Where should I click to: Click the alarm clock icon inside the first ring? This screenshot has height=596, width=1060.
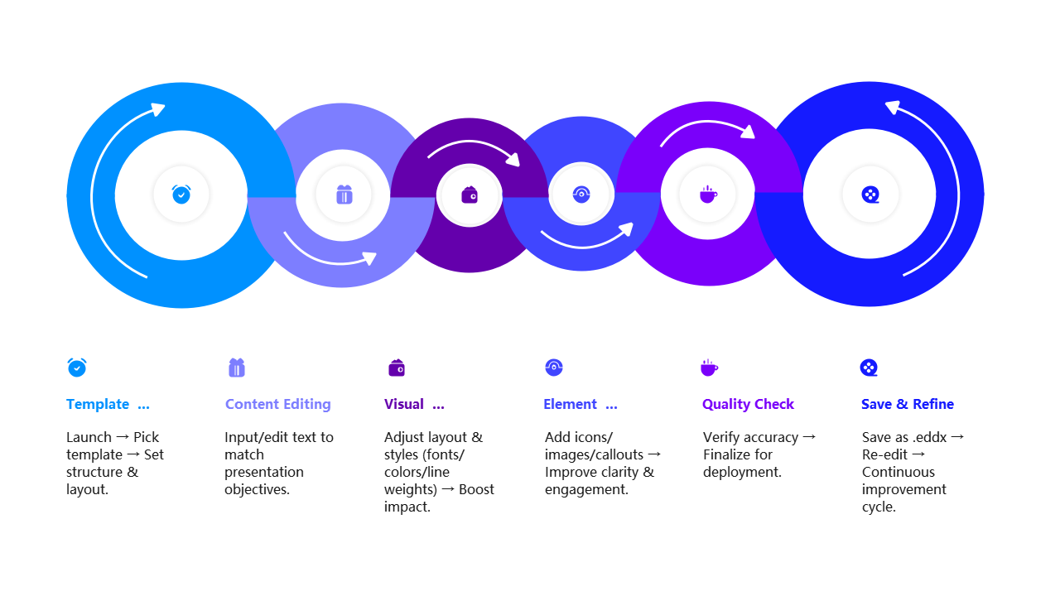point(181,195)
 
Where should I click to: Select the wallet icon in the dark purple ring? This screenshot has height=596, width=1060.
point(470,195)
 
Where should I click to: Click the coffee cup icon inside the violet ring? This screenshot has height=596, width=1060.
point(708,195)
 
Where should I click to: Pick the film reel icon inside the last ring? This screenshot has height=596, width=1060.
point(870,195)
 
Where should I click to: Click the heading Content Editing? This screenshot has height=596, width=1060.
point(277,404)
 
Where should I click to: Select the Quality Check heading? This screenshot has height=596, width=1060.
point(748,404)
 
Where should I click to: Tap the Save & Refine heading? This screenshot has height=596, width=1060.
point(907,404)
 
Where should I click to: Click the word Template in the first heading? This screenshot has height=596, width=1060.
point(98,404)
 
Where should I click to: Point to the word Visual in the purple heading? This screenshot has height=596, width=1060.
point(404,404)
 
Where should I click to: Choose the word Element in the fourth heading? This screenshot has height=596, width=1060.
point(570,404)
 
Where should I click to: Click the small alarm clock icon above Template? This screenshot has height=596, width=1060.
point(77,368)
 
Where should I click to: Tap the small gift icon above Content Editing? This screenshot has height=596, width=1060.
point(237,368)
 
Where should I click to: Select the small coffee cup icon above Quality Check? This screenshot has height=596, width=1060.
point(709,368)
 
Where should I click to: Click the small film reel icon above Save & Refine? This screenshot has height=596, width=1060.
point(869,368)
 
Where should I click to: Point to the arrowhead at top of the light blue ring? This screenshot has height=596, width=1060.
point(157,109)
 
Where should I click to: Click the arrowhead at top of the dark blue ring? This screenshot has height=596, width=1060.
point(892,107)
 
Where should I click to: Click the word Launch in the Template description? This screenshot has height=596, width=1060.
point(89,437)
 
